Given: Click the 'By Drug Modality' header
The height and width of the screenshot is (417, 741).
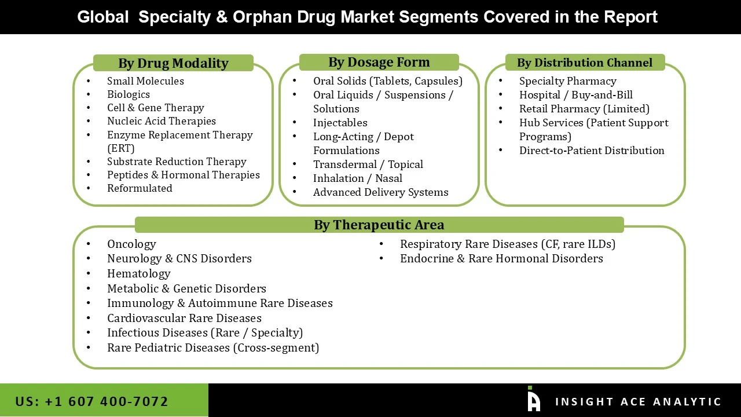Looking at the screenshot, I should (173, 63).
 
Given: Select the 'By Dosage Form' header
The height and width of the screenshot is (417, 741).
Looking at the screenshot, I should (379, 62).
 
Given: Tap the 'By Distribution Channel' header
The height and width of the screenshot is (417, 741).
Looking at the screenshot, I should (584, 63).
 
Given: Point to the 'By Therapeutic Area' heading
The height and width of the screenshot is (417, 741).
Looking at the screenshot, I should (379, 225).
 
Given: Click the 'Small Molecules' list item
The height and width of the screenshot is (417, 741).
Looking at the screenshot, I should (145, 81).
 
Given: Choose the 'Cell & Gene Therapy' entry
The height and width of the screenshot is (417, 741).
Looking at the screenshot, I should (155, 108).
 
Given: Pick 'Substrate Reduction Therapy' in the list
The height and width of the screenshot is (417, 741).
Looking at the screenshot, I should (177, 162).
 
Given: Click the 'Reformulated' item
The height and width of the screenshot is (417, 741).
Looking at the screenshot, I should (140, 188).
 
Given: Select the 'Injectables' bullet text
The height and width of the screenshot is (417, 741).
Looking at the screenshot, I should (340, 123).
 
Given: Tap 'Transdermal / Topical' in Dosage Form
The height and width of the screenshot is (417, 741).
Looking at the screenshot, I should (368, 164).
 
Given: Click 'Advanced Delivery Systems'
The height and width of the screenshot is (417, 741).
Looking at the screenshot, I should (380, 192).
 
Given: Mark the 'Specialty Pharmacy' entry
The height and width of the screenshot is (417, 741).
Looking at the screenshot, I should (567, 81).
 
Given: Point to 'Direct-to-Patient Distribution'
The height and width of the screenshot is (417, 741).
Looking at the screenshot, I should (591, 151).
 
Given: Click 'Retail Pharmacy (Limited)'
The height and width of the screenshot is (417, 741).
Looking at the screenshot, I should (584, 109).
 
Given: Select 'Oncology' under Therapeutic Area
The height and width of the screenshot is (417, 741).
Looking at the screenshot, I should (131, 244).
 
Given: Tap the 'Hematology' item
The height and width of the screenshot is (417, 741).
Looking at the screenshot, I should (138, 273).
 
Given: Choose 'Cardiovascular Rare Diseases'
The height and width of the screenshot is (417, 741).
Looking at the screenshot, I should (184, 318).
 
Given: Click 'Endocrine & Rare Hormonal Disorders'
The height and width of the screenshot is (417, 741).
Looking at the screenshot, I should (501, 258).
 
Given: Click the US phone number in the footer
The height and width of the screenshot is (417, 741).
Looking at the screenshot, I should (91, 401).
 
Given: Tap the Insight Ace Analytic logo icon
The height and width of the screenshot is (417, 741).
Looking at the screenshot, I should (533, 400).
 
